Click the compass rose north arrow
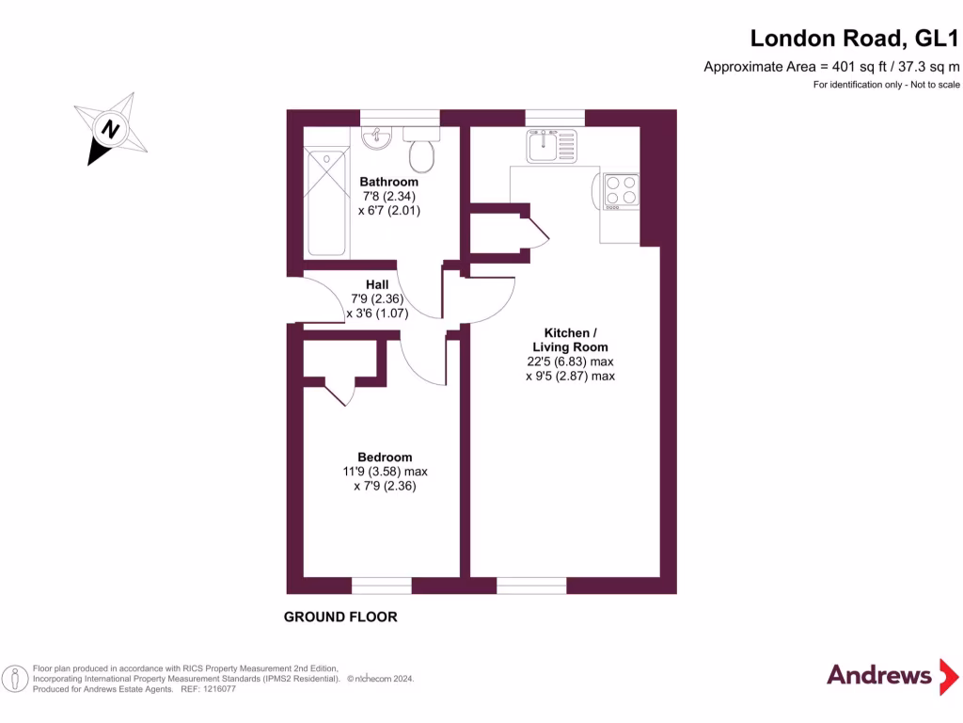(x=110, y=129)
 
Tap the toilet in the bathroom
(x=420, y=150)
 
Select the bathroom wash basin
(x=378, y=138)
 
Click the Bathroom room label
(x=388, y=182)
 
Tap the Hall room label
(x=377, y=284)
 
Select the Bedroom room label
(x=384, y=458)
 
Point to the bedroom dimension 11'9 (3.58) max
(x=385, y=473)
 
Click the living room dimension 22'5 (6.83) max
(x=570, y=361)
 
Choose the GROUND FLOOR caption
(x=340, y=618)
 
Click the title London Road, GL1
(x=854, y=39)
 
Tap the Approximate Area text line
(x=831, y=67)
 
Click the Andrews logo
(x=879, y=675)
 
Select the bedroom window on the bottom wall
(x=382, y=586)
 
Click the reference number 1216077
(x=216, y=689)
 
